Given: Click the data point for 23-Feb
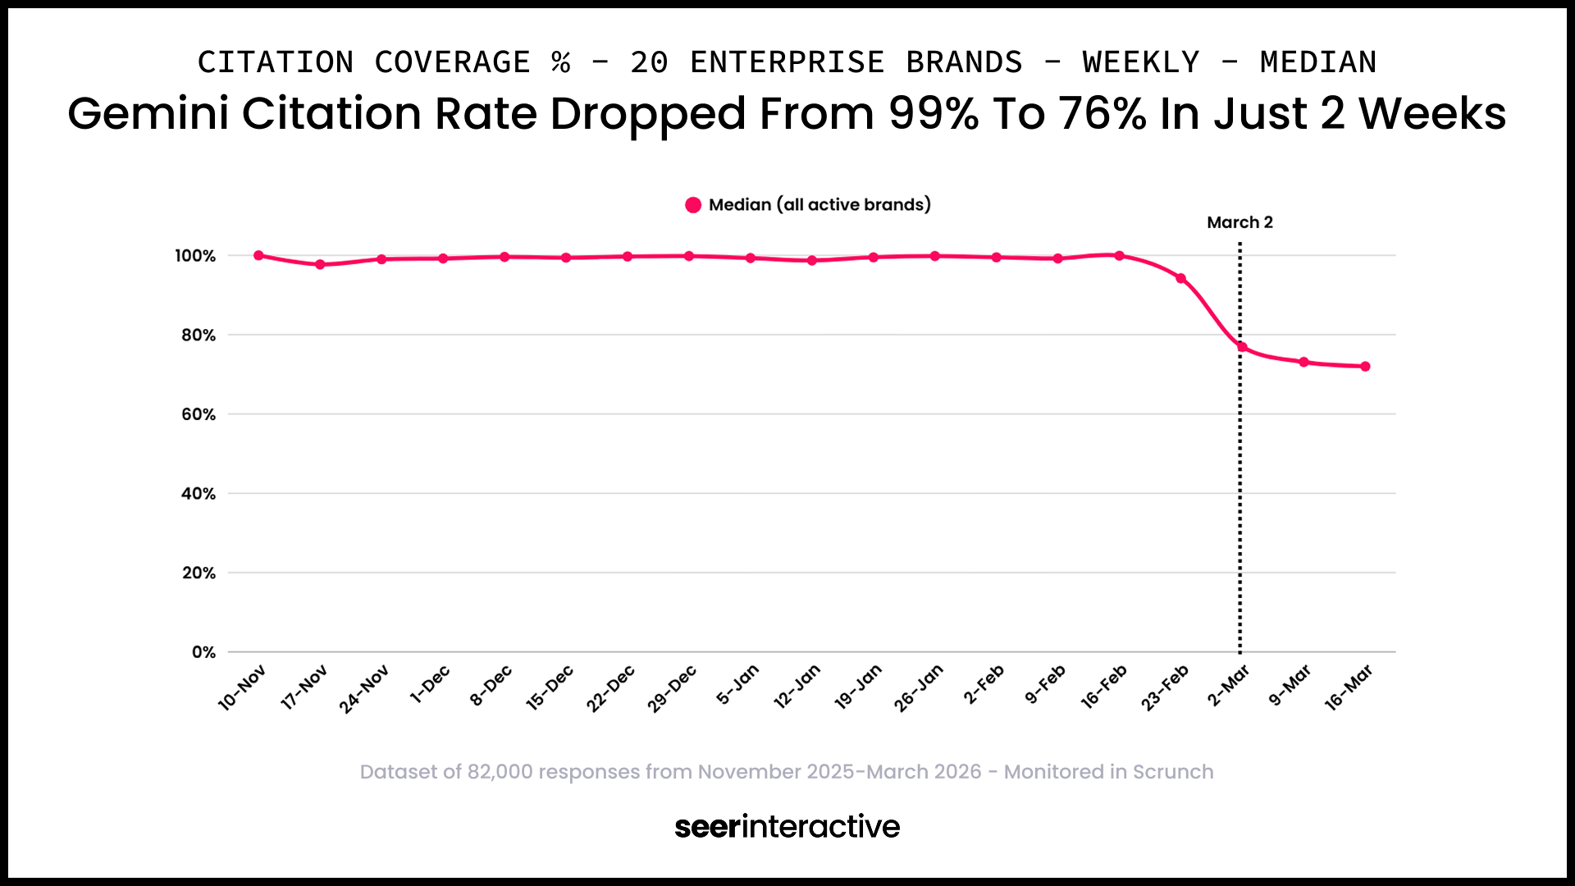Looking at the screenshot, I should [x=1180, y=278].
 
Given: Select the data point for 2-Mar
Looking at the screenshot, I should [x=1242, y=347].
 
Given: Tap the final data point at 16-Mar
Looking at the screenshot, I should [x=1365, y=367].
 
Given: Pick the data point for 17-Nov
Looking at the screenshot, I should [x=320, y=264].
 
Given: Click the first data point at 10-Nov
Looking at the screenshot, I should [x=258, y=255].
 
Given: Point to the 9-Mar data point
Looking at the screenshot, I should [x=1303, y=362].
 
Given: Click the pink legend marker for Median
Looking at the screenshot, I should [x=693, y=205].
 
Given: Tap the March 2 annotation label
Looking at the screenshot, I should [x=1239, y=222].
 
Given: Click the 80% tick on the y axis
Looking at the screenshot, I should [x=199, y=335].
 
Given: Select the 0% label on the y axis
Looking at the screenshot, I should [x=203, y=652].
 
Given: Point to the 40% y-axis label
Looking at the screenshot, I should [x=199, y=494].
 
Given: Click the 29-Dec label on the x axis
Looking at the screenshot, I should [x=672, y=688].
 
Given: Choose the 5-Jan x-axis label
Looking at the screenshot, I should [x=737, y=684].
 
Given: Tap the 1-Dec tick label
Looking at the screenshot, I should [x=430, y=684].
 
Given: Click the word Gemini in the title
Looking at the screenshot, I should [x=148, y=113].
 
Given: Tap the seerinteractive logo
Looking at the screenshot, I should [x=787, y=826].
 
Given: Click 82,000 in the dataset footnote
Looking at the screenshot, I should [x=500, y=772].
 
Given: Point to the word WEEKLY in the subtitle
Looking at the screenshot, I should [x=1140, y=62].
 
